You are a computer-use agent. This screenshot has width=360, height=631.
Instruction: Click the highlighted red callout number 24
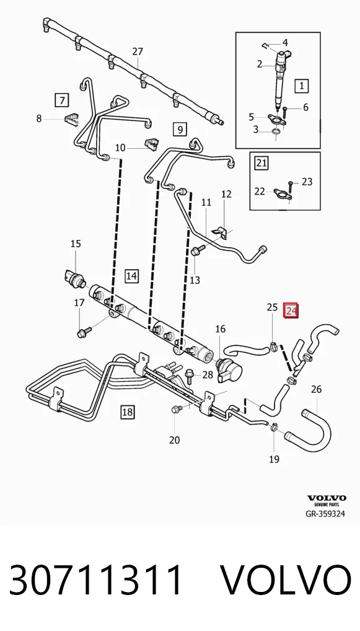[291, 311]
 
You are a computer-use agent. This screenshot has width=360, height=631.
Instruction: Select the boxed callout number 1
[302, 86]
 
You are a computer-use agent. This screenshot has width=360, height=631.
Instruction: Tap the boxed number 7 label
[62, 100]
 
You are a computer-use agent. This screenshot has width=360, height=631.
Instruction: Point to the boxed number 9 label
[180, 129]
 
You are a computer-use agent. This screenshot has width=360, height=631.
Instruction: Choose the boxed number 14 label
[131, 276]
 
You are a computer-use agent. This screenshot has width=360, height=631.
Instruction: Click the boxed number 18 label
[127, 412]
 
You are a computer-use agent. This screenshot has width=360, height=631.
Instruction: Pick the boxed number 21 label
[262, 162]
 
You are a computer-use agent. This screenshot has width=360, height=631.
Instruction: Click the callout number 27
[138, 51]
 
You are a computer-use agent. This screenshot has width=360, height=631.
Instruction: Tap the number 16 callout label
[221, 329]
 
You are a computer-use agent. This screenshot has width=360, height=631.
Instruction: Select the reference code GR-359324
[325, 513]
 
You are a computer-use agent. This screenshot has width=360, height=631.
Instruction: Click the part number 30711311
[96, 580]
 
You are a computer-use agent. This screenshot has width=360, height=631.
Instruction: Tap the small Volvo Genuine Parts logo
[327, 501]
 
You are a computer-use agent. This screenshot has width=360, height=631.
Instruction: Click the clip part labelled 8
[71, 119]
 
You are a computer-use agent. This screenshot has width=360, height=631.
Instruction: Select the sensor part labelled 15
[74, 277]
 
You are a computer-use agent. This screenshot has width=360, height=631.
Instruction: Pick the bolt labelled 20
[177, 409]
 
